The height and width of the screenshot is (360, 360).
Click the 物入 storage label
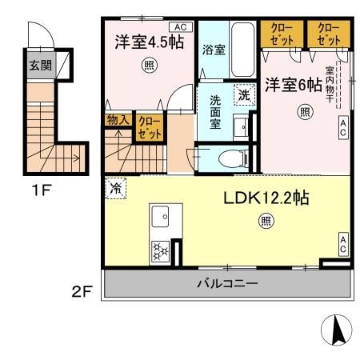click(x=116, y=120)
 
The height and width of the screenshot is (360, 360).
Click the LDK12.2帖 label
click(x=266, y=198)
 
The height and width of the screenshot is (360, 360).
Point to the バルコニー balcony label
click(x=227, y=284)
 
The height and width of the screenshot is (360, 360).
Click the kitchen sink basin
click(x=158, y=215)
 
